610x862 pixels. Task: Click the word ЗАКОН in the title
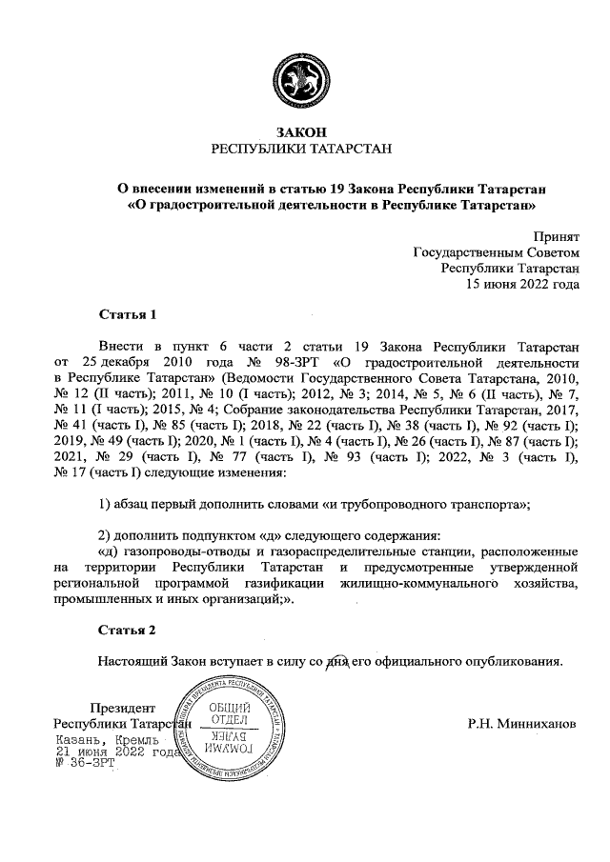click(x=305, y=132)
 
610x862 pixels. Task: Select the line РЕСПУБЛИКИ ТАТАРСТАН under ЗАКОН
click(x=305, y=150)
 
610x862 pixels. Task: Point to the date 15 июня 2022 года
click(x=521, y=283)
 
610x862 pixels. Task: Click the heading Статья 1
click(x=127, y=313)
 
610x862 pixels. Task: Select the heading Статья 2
click(x=127, y=630)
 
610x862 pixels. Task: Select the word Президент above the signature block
click(x=121, y=708)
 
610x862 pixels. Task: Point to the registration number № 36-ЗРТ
click(x=86, y=763)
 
